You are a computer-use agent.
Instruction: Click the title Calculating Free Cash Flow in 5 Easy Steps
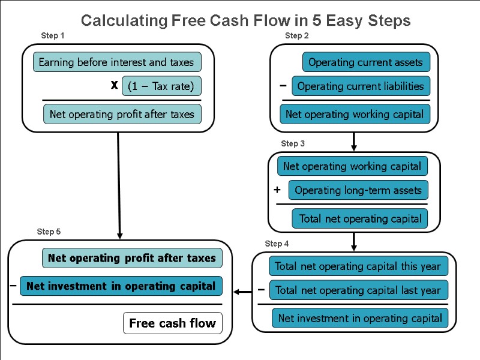245,20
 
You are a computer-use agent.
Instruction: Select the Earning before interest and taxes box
116,62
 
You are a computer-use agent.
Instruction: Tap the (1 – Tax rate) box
161,86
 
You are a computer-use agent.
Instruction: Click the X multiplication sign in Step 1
114,86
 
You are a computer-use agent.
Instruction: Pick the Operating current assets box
366,62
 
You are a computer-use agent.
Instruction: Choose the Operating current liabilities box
361,86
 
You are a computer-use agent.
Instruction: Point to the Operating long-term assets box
358,190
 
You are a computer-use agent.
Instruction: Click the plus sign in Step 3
277,190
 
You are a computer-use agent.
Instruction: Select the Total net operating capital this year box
358,266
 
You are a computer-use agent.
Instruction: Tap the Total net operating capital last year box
358,290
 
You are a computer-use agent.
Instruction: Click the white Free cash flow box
172,323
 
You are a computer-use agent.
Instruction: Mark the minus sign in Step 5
13,286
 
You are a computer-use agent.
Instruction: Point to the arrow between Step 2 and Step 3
354,142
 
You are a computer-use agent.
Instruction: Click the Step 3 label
293,144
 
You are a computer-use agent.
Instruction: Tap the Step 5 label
49,232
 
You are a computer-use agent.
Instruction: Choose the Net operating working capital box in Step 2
355,114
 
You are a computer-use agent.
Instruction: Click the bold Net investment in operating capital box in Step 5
121,286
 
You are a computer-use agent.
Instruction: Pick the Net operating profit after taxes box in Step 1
122,114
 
